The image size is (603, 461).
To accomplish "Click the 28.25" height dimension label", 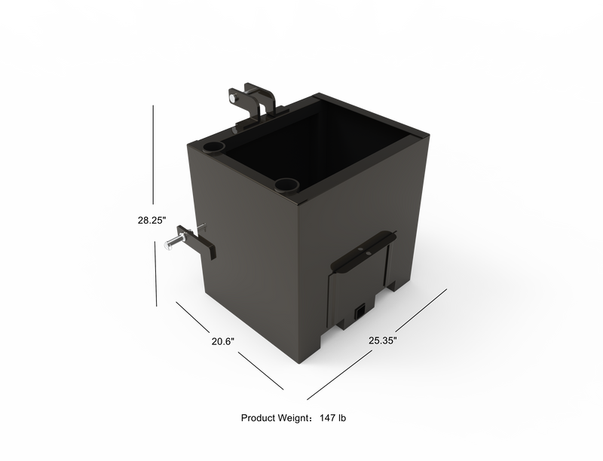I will click(152, 220).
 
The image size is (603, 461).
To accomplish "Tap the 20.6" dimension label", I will click(224, 341).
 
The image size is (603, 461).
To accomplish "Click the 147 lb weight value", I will click(332, 417).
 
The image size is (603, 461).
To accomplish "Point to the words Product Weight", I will click(274, 417).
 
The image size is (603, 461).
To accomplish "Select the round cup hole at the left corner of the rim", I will click(215, 144).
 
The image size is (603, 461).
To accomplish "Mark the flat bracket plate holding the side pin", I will click(202, 245).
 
